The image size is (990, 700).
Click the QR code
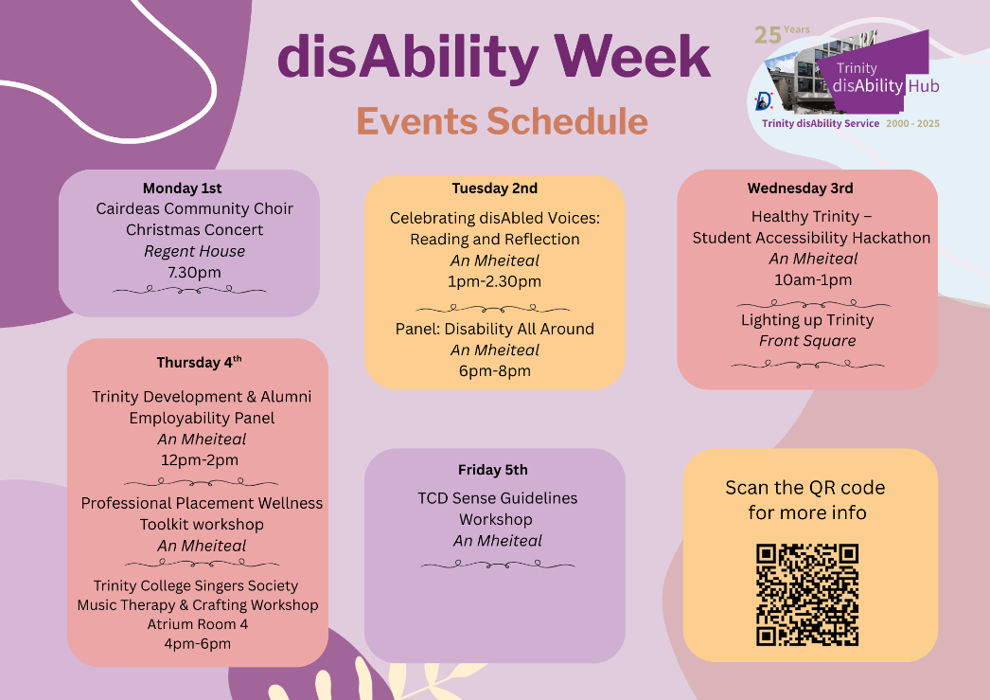coord(807,595)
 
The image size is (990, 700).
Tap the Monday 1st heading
coord(182,188)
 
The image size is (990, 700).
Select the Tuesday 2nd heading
coord(494,188)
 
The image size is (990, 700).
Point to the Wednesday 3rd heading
coord(800,188)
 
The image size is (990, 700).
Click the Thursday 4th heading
coord(199,362)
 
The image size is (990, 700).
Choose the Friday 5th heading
coord(492,470)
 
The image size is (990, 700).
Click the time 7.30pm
coord(194,272)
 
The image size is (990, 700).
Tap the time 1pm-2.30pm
coord(494,281)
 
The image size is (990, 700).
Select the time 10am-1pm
coord(813,279)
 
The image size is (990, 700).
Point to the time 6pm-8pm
coord(494,371)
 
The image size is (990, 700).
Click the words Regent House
coord(194,251)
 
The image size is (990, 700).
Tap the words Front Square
coord(807,340)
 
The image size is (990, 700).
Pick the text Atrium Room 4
coord(198,624)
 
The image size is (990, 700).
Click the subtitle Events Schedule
coord(502,120)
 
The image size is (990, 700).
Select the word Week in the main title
coord(632,56)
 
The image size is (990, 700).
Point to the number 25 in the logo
coord(768,35)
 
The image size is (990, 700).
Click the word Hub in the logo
coord(923,86)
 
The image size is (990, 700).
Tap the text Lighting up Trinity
coord(807,319)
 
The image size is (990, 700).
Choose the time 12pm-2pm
coord(200,460)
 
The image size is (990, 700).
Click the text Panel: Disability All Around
coord(494,329)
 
